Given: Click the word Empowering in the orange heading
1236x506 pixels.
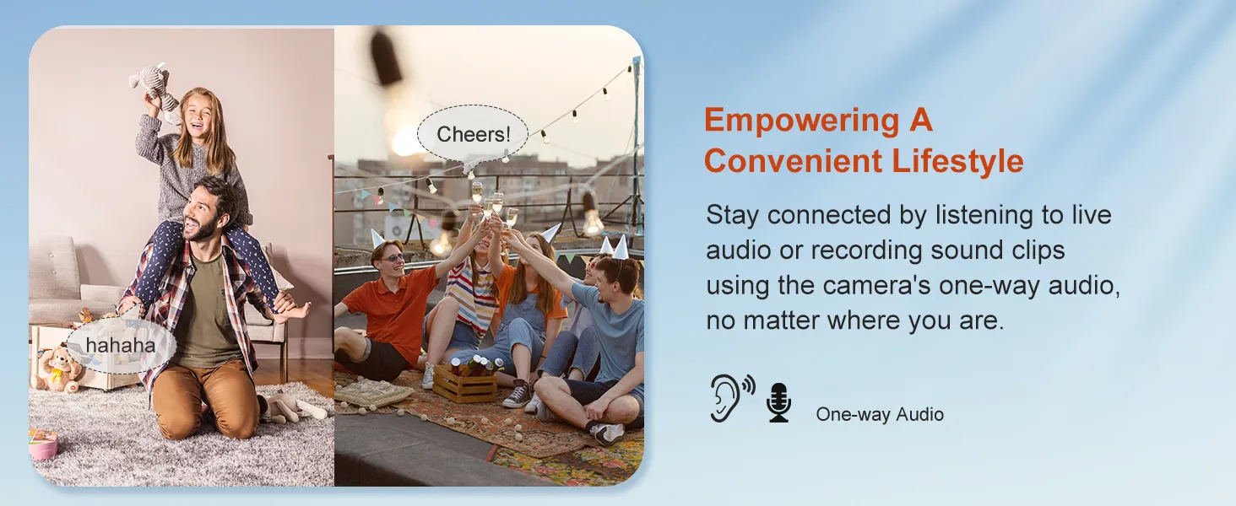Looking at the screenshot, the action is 801,120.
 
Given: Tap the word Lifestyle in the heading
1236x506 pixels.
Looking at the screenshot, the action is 958,161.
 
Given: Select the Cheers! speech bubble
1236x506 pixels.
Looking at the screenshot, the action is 472,134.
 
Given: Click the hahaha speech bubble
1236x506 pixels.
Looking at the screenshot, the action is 121,346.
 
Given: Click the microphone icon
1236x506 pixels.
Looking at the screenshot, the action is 778,403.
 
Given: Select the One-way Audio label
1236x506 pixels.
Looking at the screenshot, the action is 880,414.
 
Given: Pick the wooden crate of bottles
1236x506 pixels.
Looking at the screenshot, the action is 466,380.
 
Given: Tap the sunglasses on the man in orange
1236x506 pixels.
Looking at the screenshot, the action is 393,257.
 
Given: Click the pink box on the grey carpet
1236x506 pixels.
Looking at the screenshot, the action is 43,444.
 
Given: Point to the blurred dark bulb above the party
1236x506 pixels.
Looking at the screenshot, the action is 387,57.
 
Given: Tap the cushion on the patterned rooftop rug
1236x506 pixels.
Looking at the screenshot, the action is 375,393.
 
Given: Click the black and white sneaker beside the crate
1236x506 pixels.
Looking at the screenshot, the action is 517,394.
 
